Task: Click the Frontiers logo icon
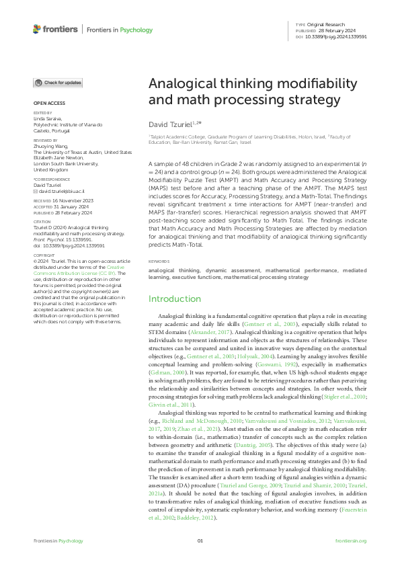tap(36, 30)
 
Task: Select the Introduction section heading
tap(175, 298)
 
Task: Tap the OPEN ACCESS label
tap(48, 103)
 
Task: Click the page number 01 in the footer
tap(200, 541)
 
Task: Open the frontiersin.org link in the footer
tap(350, 541)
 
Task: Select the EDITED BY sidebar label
tap(42, 112)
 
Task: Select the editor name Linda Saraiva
tap(48, 118)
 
